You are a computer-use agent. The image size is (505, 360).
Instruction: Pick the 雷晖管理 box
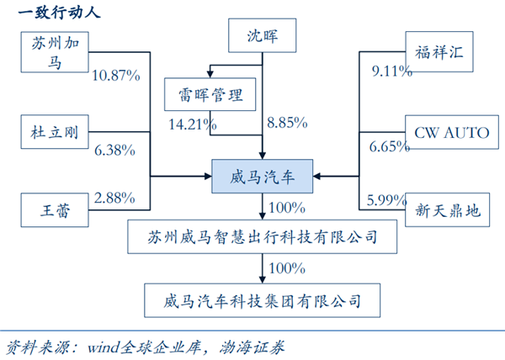click(x=211, y=94)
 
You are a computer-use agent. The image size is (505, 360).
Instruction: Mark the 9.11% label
click(x=391, y=71)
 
